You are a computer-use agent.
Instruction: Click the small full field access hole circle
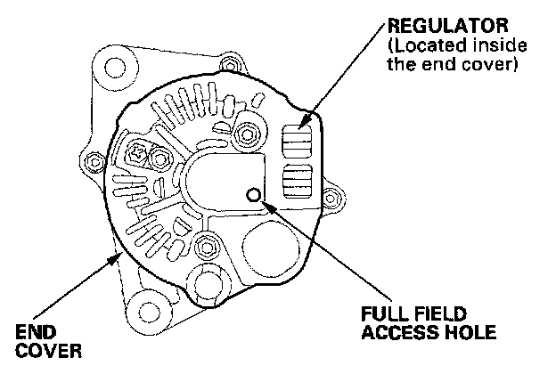[x=253, y=196]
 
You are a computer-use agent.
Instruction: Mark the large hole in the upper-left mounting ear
[x=113, y=66]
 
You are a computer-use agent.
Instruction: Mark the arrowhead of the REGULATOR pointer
[x=306, y=122]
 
